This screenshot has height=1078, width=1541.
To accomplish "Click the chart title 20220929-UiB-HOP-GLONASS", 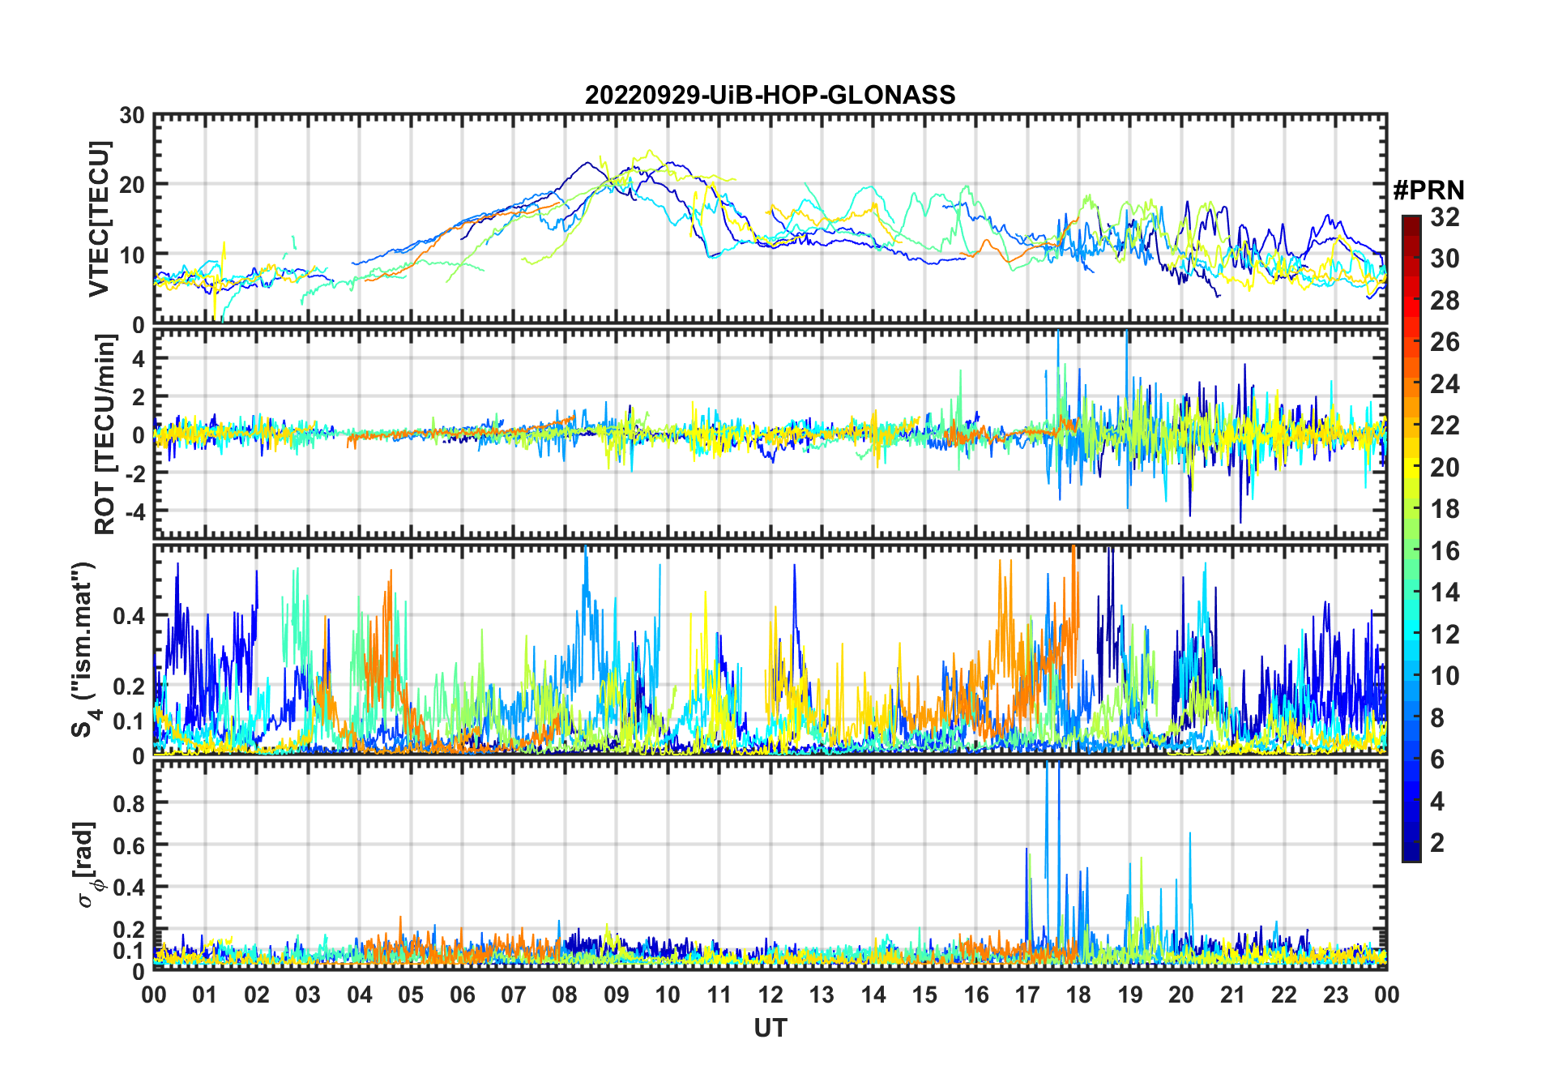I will [770, 95].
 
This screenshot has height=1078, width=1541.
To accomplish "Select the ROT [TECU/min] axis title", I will [105, 434].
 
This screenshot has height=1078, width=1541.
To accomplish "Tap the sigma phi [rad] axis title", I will [86, 864].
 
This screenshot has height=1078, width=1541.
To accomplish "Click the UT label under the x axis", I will [770, 1028].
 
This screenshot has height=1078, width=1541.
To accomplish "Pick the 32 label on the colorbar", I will [1445, 217].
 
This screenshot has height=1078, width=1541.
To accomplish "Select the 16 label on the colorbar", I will [1445, 551].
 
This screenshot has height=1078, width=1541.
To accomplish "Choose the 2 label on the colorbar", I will [1437, 843].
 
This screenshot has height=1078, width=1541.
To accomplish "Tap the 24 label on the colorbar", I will [1445, 384].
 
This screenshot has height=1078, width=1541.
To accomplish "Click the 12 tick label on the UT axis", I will [770, 995].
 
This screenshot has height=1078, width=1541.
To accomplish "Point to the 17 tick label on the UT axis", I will [1027, 995].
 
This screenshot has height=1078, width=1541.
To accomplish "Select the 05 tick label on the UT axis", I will [411, 995].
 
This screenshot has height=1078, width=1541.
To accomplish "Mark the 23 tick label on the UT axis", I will [1335, 995].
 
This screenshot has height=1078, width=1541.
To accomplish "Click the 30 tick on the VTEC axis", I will [132, 116].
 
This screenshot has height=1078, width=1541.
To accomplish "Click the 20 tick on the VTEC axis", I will [132, 185].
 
